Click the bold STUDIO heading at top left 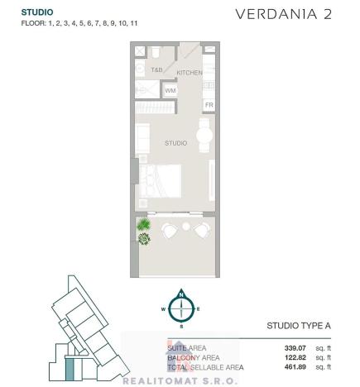(37, 12)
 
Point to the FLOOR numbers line (79, 24)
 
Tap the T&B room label (156, 70)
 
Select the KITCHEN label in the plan (190, 74)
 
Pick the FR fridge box (209, 105)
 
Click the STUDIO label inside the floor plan (176, 143)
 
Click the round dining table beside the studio (202, 136)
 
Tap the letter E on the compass (199, 309)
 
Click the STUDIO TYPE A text (297, 327)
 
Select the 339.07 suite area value (296, 348)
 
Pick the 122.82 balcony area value (296, 357)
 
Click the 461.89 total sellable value (296, 366)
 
